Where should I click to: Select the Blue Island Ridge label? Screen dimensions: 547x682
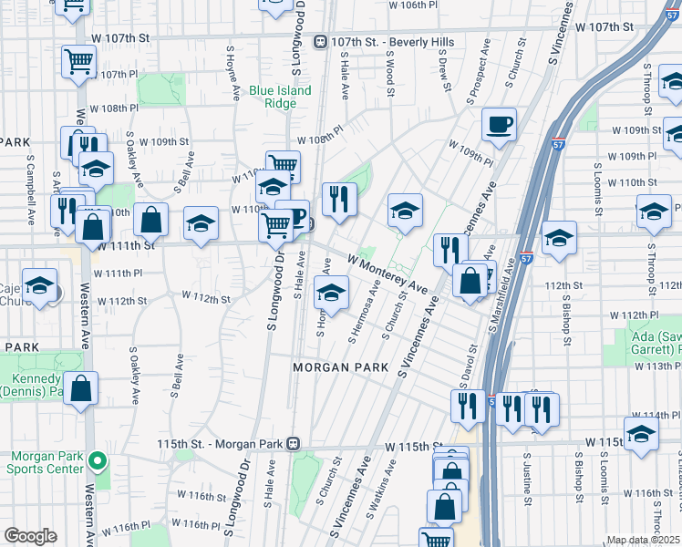coord(280,97)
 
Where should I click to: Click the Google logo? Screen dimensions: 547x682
coord(30,536)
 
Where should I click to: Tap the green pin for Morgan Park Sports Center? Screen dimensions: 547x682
coord(100,461)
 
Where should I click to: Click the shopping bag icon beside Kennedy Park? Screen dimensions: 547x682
coord(81,387)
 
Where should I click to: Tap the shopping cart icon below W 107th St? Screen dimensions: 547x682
coord(78,61)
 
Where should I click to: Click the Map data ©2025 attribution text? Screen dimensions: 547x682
coord(643,540)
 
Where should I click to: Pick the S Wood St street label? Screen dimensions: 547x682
coord(389,75)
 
